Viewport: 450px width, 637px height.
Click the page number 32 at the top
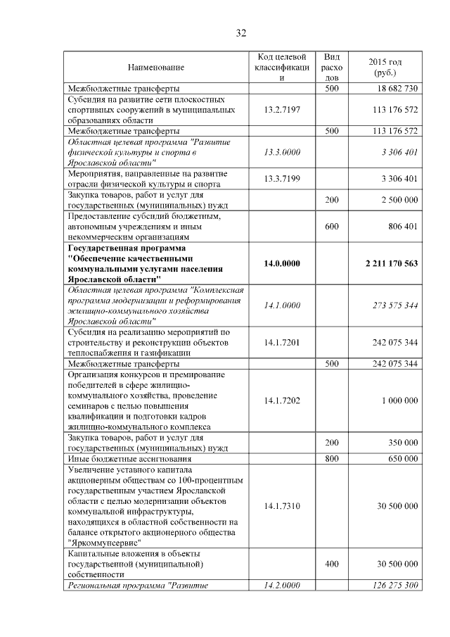[x=240, y=33]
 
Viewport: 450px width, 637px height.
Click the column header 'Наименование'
[x=155, y=67]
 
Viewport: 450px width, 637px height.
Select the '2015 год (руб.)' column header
[x=385, y=67]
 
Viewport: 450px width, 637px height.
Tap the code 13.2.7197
[x=281, y=110]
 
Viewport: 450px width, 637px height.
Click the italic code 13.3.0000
[x=281, y=152]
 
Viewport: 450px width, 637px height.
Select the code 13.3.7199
[x=281, y=179]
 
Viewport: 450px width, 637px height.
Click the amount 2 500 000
[x=399, y=201]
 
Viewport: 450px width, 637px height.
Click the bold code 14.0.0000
[x=281, y=263]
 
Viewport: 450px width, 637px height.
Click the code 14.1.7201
[x=281, y=342]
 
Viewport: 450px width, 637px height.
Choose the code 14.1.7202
[x=281, y=400]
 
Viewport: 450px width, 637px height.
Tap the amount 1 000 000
[x=399, y=400]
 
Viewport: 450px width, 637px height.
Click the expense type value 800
[x=331, y=458]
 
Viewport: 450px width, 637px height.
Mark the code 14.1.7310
[x=281, y=506]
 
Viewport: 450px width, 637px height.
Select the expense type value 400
[x=331, y=564]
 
